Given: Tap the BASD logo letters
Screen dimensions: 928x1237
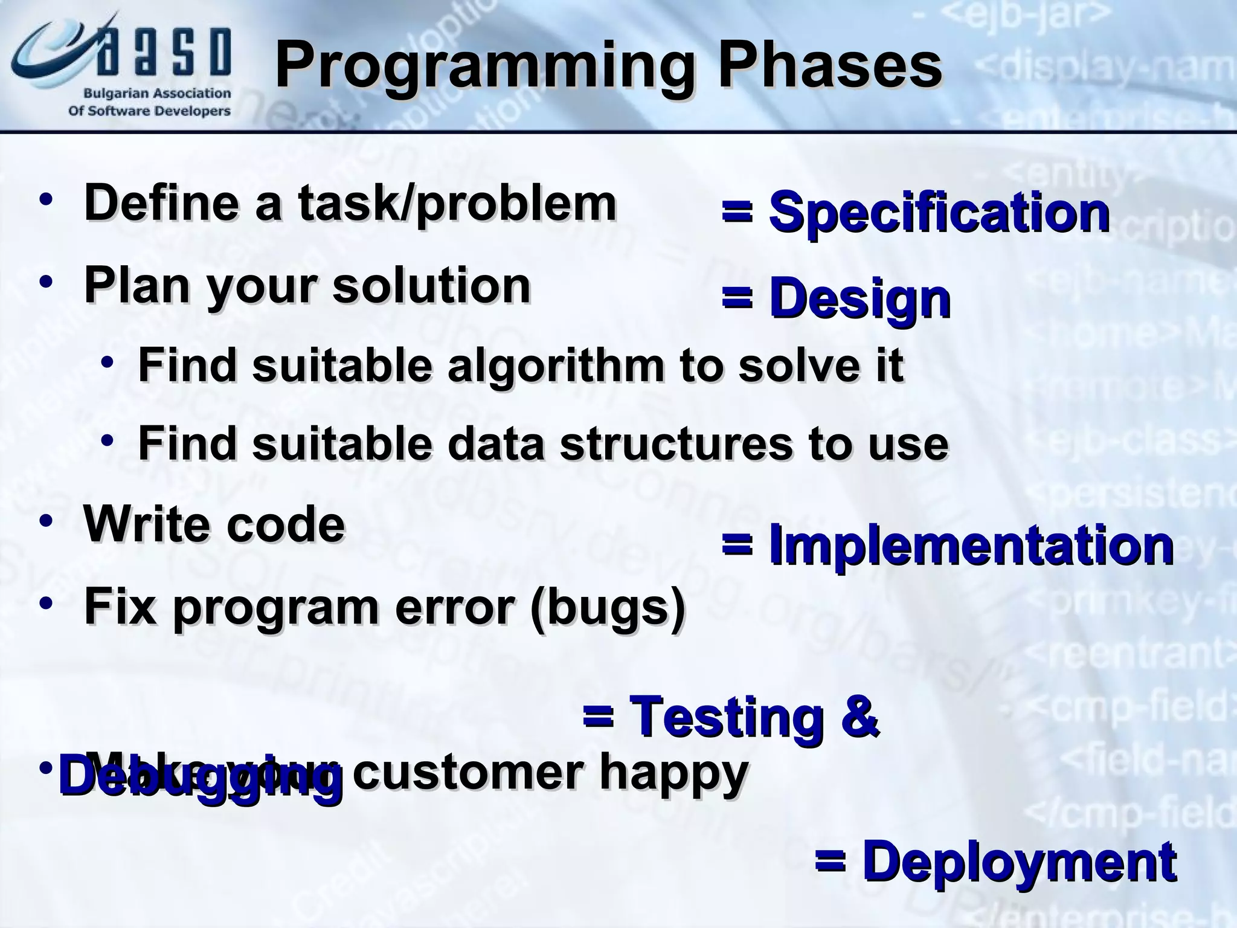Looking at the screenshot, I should pyautogui.click(x=163, y=52).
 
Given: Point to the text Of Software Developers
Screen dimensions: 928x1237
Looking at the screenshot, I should pyautogui.click(x=149, y=111).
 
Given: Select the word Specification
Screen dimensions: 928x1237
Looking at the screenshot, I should pyautogui.click(x=939, y=213).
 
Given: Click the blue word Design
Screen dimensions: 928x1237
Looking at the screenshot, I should pyautogui.click(x=859, y=300).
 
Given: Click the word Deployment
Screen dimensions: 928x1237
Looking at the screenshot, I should pyautogui.click(x=1019, y=862).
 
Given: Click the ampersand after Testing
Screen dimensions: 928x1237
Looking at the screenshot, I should pyautogui.click(x=858, y=717).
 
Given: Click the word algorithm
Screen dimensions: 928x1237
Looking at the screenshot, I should pyautogui.click(x=556, y=366).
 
